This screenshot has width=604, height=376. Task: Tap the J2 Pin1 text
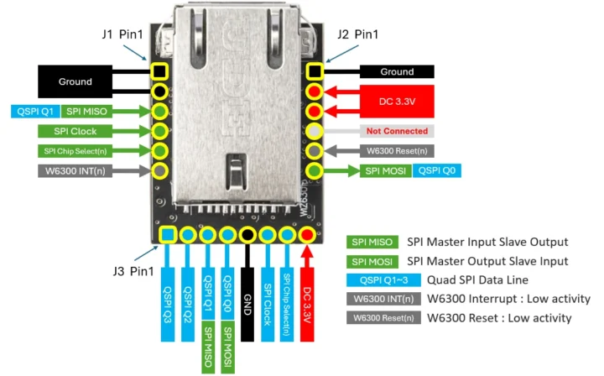pos(357,35)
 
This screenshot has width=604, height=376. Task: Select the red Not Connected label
pos(397,131)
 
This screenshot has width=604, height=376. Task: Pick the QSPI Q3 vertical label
pos(166,299)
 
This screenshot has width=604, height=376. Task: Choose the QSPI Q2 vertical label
pos(187,299)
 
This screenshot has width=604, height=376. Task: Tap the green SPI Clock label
pos(76,131)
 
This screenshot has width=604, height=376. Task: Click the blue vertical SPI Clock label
pos(268,299)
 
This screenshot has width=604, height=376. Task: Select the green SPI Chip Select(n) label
pos(76,151)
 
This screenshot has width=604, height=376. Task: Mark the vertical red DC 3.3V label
pos(308,299)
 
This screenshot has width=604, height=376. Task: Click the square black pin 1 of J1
pos(159,71)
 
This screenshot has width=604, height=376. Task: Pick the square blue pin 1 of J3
pos(167,235)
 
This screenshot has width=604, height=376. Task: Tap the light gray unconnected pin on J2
pos(315,131)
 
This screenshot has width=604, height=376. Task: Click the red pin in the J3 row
pos(308,235)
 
